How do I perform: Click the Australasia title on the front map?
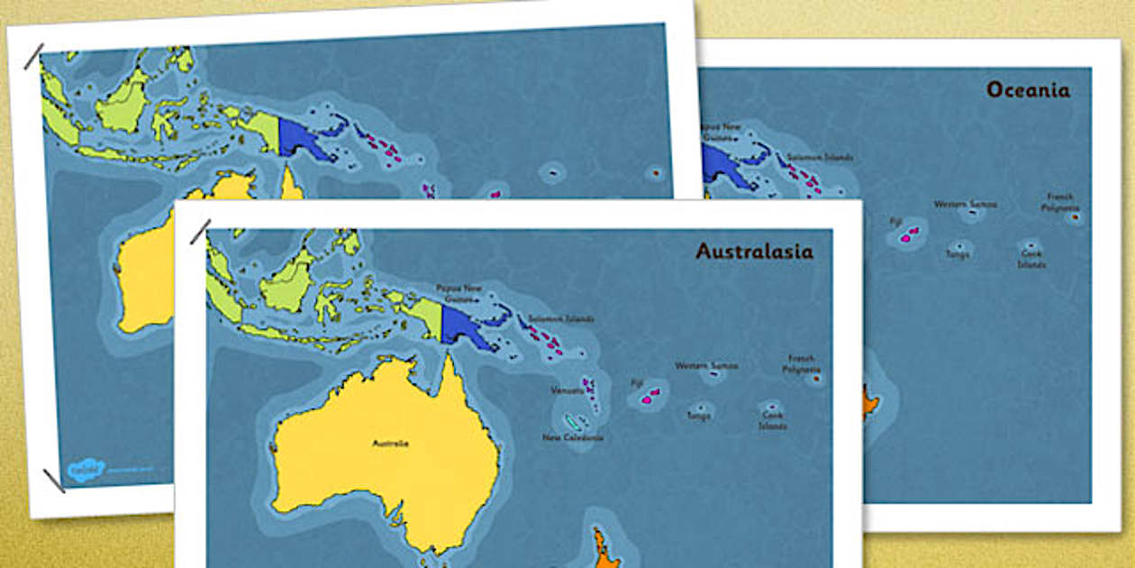[754, 252]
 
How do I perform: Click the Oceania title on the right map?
[1028, 90]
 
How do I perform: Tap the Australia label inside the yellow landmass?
[391, 443]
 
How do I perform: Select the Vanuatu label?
[567, 391]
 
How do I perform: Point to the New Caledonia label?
[573, 437]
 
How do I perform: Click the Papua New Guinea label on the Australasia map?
[459, 293]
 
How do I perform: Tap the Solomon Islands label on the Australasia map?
[561, 318]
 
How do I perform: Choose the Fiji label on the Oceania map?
[894, 220]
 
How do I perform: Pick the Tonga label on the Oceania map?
[957, 254]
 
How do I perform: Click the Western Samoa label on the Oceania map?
[965, 204]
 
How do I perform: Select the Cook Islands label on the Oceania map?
[1031, 260]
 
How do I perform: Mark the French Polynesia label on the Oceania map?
[1059, 202]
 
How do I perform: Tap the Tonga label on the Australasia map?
[698, 416]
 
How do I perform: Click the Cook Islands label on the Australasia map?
[772, 420]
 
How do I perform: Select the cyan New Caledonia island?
[573, 421]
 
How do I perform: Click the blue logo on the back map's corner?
[86, 469]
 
